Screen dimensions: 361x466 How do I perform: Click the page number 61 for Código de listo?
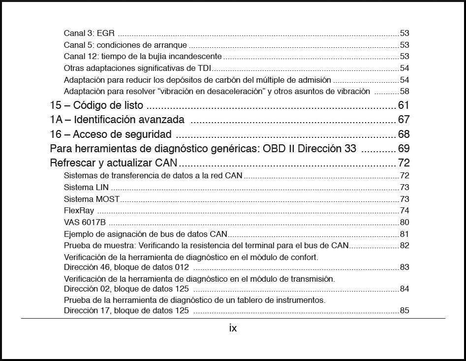[x=404, y=105]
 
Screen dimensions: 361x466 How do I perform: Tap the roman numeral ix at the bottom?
[x=233, y=328]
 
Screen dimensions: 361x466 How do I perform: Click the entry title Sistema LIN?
[x=86, y=188]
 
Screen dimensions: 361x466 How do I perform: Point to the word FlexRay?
[x=79, y=211]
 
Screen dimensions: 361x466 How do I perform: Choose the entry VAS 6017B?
[x=85, y=223]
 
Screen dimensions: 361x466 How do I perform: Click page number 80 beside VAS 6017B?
[x=404, y=223]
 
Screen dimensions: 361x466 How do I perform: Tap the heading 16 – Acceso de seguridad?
[x=111, y=134]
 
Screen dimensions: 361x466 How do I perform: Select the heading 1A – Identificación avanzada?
[x=117, y=120]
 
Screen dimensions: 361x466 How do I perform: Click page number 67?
[x=404, y=120]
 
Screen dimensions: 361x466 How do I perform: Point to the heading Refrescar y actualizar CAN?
[x=114, y=163]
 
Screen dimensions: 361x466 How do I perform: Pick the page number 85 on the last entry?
[x=404, y=311]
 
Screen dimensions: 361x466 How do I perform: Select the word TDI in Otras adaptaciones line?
[x=204, y=68]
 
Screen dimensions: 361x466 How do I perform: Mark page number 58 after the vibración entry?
[x=404, y=92]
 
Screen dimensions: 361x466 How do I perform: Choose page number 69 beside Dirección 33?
[x=404, y=149]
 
